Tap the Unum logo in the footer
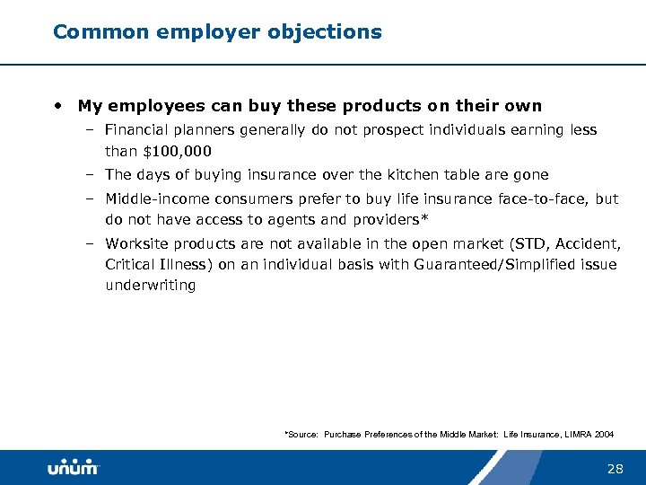coord(74,468)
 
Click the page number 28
coord(615,468)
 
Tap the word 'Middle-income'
coord(153,199)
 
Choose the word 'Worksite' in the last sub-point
coord(136,243)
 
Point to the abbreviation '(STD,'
coord(534,243)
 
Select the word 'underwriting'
coord(150,286)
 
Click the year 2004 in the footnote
coord(605,435)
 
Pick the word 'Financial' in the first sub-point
coord(139,130)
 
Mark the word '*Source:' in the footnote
coord(301,435)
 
